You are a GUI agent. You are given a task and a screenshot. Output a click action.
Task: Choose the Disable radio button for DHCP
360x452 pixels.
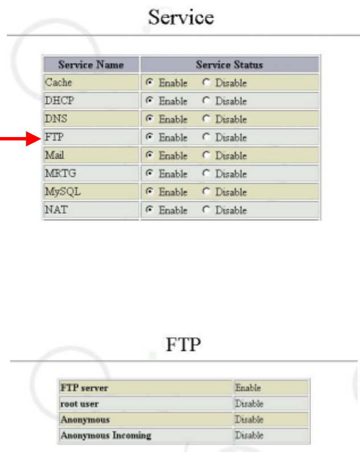206,101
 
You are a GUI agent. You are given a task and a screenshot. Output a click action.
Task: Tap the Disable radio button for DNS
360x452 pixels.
206,119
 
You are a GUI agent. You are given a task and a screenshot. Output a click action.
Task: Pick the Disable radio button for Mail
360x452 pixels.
206,156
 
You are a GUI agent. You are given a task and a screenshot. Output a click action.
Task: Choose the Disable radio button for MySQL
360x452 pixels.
206,192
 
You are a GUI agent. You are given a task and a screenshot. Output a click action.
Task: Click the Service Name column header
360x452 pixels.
91,64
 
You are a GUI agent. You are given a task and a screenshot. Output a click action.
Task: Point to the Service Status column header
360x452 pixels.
229,64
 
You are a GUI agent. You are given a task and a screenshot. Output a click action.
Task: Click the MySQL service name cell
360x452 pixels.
63,192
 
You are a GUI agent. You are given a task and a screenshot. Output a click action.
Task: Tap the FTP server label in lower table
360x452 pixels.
84,388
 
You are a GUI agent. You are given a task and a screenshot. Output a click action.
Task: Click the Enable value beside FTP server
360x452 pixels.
248,388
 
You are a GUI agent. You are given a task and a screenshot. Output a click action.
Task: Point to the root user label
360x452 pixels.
80,404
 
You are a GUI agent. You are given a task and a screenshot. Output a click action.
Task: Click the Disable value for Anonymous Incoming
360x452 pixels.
249,436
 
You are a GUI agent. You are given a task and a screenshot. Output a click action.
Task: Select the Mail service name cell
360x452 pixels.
55,156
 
